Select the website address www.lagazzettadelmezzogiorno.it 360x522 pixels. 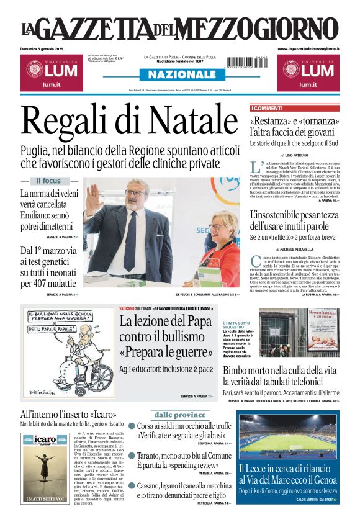308,48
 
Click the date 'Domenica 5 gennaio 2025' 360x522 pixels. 47,48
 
